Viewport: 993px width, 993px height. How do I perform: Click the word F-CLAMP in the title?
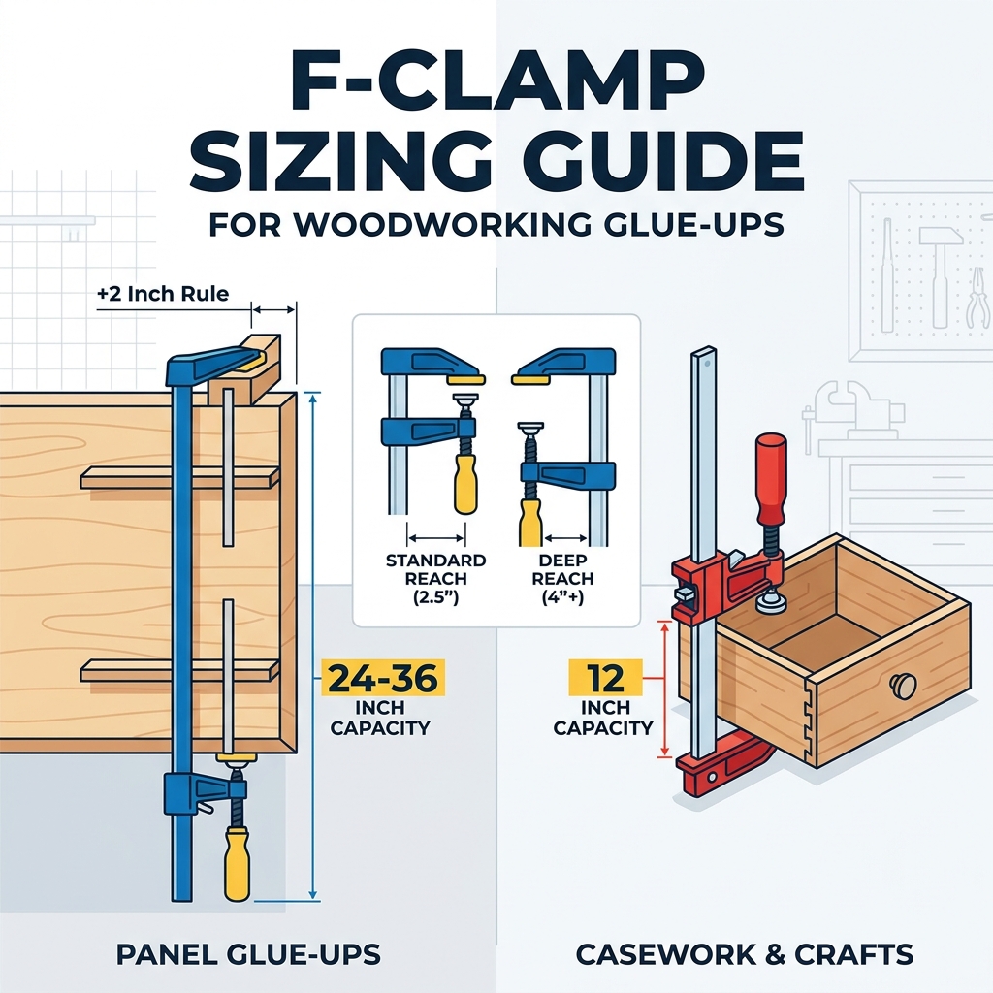pyautogui.click(x=497, y=82)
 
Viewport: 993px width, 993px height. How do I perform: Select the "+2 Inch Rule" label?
pyautogui.click(x=163, y=294)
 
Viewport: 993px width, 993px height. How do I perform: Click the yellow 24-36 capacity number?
pyautogui.click(x=383, y=678)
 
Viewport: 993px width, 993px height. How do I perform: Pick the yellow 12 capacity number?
pyautogui.click(x=605, y=678)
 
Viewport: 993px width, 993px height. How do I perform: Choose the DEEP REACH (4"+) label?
pyautogui.click(x=562, y=578)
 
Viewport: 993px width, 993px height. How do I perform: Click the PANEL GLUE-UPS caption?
pyautogui.click(x=248, y=954)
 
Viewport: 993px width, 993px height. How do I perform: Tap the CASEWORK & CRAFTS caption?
pyautogui.click(x=744, y=954)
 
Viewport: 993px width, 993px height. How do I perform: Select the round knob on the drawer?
pyautogui.click(x=903, y=685)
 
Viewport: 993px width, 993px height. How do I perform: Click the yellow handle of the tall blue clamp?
pyautogui.click(x=237, y=862)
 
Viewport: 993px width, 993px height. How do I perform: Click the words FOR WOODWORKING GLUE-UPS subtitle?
pyautogui.click(x=496, y=225)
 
